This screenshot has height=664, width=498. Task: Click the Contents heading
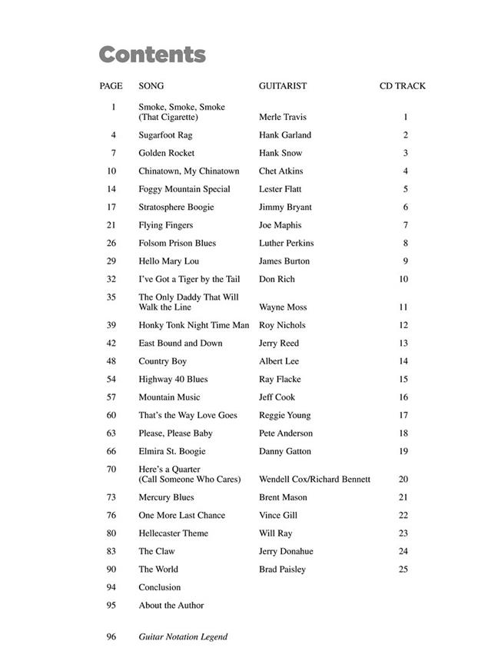(x=152, y=55)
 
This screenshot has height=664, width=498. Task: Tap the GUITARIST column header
(x=282, y=86)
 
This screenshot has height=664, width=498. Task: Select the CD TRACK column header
(x=402, y=86)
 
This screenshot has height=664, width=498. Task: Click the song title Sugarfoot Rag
(x=165, y=135)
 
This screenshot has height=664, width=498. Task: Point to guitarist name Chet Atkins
(x=281, y=171)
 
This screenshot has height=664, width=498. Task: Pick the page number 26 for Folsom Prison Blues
(x=111, y=244)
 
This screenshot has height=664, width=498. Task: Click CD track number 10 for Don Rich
(x=403, y=280)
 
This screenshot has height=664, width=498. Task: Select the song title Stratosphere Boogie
(x=176, y=207)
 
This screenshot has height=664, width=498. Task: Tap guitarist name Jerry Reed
(x=278, y=344)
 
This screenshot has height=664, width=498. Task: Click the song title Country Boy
(x=162, y=361)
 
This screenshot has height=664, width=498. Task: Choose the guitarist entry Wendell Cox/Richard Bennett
(x=314, y=480)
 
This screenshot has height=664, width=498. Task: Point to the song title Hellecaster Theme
(x=173, y=533)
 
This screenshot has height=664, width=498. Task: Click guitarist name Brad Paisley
(x=282, y=569)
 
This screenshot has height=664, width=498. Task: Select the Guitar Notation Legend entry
(x=183, y=637)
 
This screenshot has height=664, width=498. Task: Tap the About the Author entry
(x=171, y=606)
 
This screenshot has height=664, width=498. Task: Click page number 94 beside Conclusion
(x=111, y=588)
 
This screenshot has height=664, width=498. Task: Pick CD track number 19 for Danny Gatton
(x=403, y=452)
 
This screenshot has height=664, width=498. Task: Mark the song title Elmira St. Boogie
(x=171, y=452)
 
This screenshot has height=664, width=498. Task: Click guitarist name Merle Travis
(x=282, y=118)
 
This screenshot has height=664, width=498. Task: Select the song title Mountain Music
(x=169, y=397)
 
